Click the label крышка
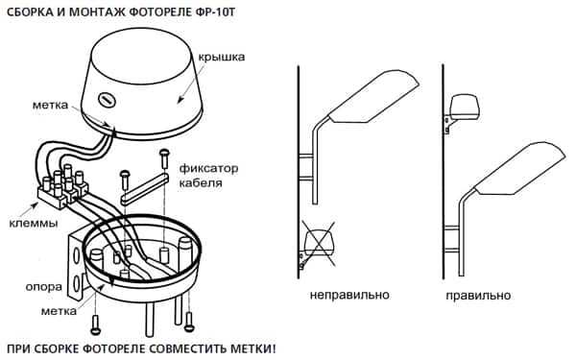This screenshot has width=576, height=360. click(222, 58)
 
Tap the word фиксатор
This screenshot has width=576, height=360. click(208, 169)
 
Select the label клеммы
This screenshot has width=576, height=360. click(33, 224)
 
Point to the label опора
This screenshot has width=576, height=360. click(43, 287)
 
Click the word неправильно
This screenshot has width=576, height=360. click(349, 295)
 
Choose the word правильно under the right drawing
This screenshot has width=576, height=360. click(478, 296)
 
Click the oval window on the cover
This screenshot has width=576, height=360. click(107, 100)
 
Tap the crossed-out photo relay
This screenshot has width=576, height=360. click(318, 243)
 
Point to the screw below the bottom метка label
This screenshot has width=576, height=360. click(95, 324)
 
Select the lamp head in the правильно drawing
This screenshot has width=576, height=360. click(520, 170)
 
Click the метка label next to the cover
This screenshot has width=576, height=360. click(50, 105)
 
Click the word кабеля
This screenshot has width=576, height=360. click(201, 183)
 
